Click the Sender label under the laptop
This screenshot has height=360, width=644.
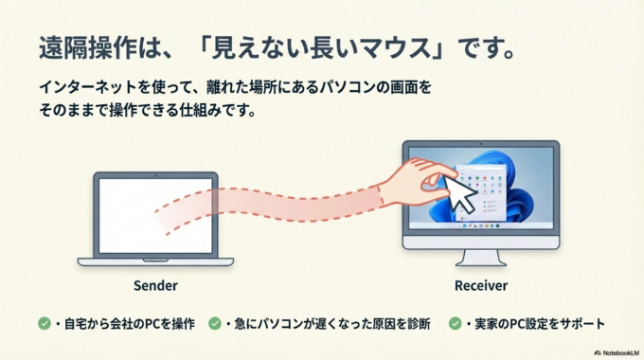pos(156,284)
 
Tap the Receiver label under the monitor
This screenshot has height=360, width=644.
pos(480,284)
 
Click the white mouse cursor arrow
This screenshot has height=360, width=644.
pos(460,193)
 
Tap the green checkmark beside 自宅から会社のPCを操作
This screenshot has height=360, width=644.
pos(45,324)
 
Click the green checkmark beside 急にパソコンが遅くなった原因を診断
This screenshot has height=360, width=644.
pos(215,324)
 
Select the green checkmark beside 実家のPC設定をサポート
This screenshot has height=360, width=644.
pos(456,324)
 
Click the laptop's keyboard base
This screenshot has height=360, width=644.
pos(156,261)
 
